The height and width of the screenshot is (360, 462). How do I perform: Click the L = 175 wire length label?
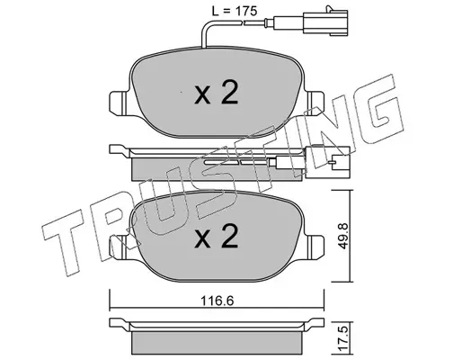click(235, 11)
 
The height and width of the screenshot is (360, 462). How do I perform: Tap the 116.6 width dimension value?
click(218, 301)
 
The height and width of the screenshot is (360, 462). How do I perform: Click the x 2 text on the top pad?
click(217, 92)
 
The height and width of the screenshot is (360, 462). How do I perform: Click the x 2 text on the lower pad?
click(217, 237)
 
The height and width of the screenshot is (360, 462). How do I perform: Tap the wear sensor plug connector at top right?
click(326, 21)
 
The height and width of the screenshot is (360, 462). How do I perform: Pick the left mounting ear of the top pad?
click(119, 102)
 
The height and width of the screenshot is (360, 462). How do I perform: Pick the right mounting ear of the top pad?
click(315, 102)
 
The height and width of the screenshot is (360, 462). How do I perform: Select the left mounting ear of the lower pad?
click(119, 247)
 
